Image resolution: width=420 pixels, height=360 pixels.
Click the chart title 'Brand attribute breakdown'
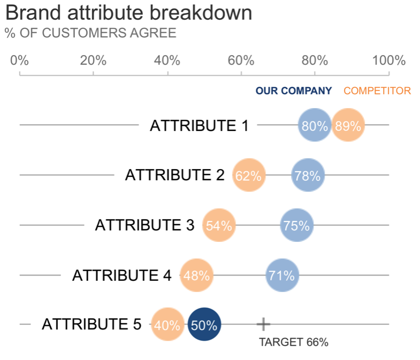128,13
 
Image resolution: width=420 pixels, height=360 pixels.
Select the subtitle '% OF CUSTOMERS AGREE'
90,33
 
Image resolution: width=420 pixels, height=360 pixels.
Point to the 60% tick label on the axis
241,60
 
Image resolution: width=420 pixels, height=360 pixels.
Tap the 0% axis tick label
19,60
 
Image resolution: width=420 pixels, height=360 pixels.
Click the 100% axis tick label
388,60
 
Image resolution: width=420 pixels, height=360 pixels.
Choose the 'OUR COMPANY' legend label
294,91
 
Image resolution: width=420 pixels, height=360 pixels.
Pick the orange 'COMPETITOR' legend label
377,91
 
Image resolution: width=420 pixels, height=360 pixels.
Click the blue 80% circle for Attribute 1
315,126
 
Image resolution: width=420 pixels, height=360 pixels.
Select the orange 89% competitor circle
348,126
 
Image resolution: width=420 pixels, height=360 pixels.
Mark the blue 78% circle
308,175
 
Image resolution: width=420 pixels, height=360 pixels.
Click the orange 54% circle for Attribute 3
219,225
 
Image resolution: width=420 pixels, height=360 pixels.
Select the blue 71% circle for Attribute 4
282,275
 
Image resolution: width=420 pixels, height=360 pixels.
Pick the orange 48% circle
196,275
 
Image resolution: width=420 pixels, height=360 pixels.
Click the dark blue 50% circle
204,325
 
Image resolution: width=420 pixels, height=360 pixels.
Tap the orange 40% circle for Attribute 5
167,325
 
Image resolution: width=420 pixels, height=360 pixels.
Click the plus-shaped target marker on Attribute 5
263,324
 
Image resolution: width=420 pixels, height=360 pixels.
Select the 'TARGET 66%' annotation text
293,342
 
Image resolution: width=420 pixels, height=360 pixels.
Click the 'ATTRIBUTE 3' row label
144,225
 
